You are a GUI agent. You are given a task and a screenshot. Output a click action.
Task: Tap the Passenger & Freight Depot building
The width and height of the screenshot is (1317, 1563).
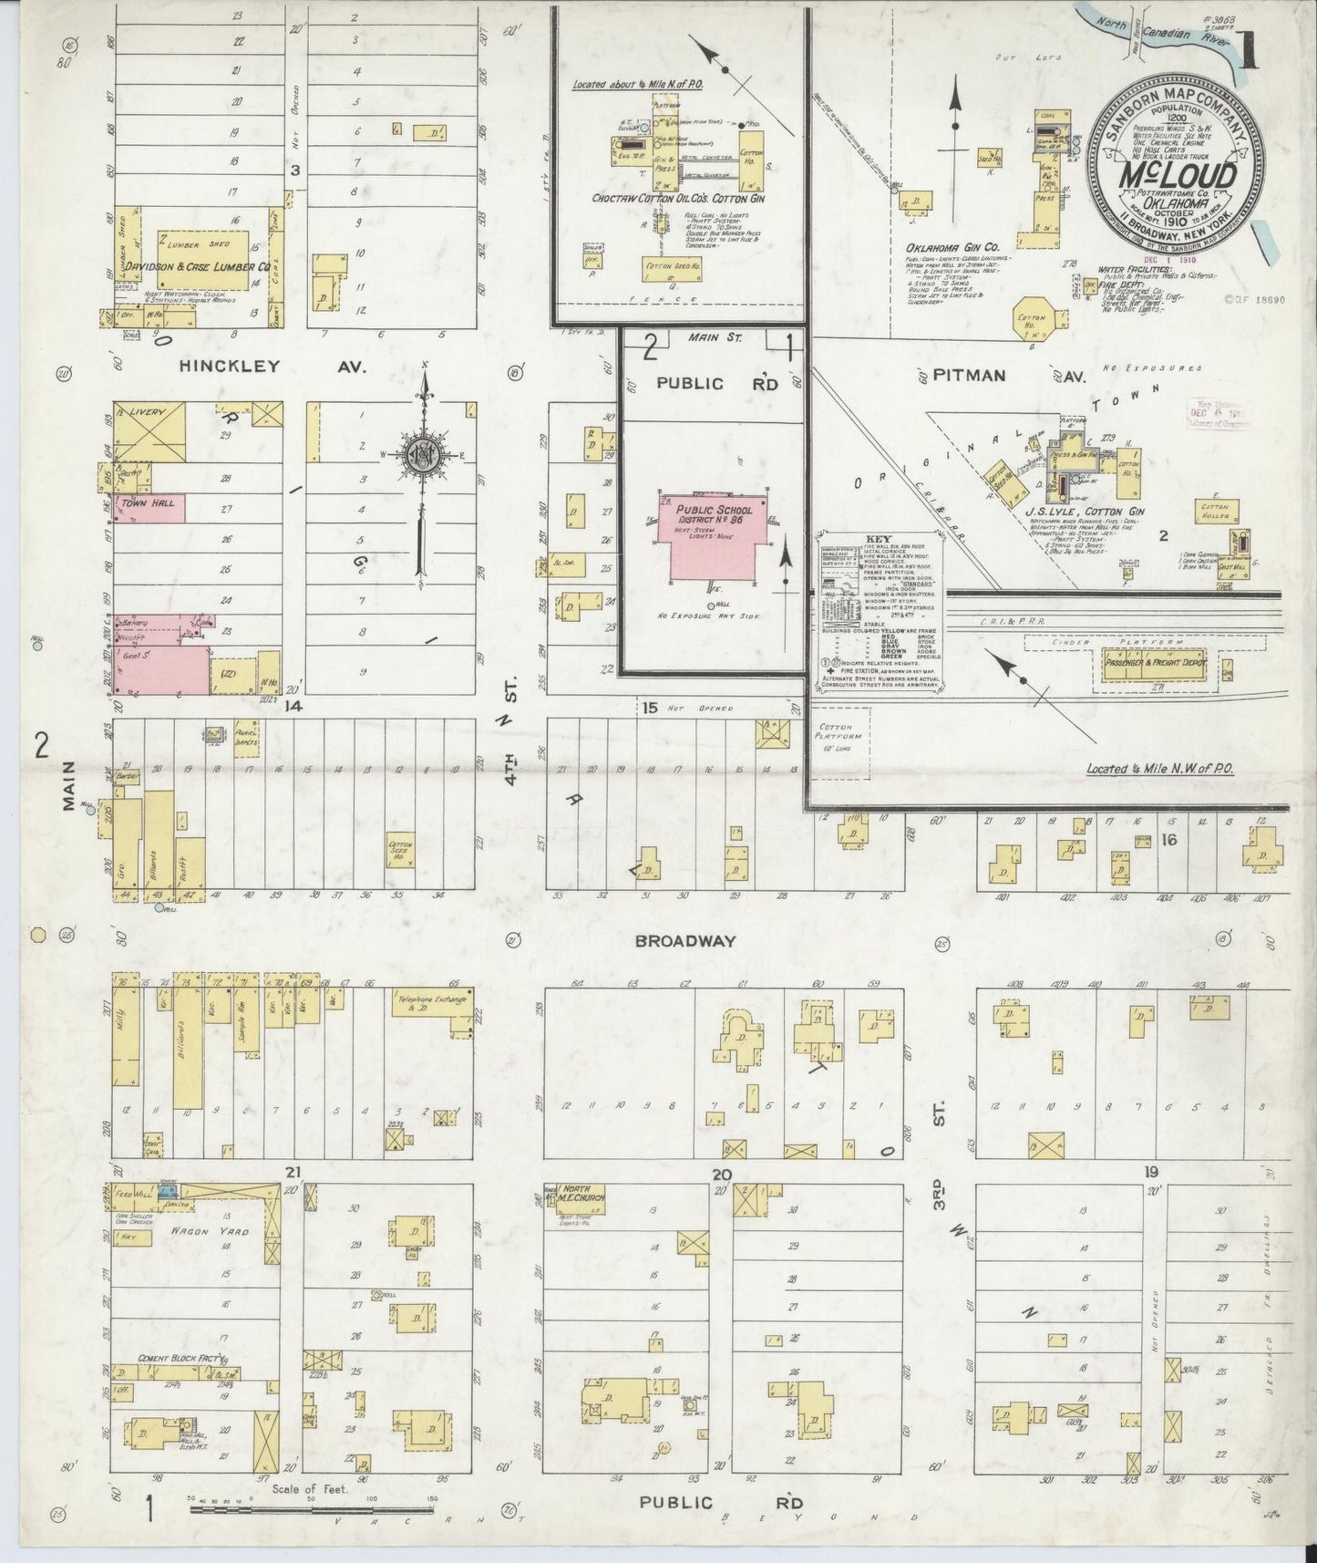1154,663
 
